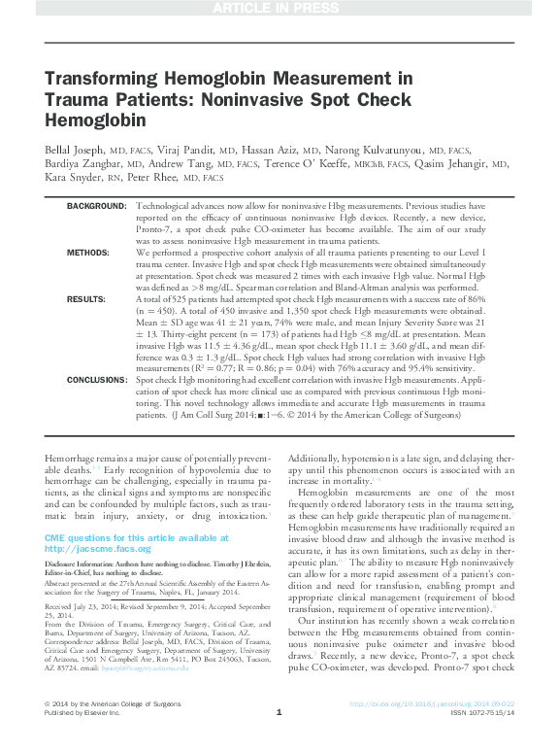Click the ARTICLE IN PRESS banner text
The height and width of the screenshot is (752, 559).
point(279,10)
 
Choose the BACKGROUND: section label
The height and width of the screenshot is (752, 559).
point(96,207)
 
